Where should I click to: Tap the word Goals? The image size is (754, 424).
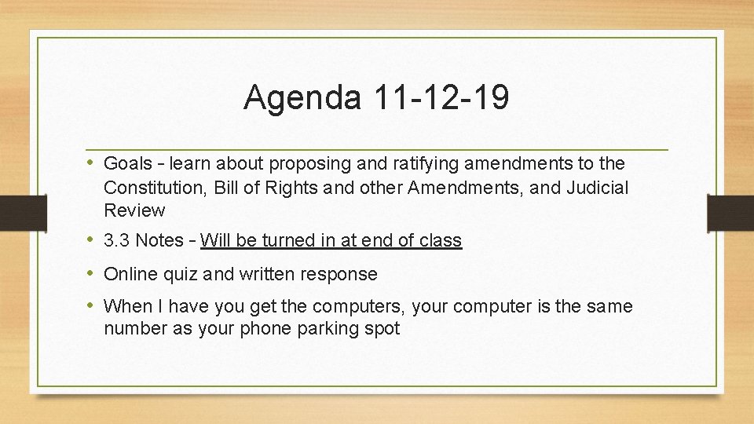(x=128, y=164)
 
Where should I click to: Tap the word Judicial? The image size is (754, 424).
(x=597, y=188)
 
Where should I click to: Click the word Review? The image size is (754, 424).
(x=134, y=210)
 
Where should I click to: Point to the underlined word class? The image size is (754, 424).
(x=441, y=240)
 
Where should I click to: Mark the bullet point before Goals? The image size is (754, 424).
(x=92, y=164)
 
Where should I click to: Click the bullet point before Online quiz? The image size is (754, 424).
(x=92, y=274)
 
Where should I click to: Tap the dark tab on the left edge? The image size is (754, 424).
(x=15, y=212)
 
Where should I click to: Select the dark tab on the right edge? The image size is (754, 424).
(x=730, y=212)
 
